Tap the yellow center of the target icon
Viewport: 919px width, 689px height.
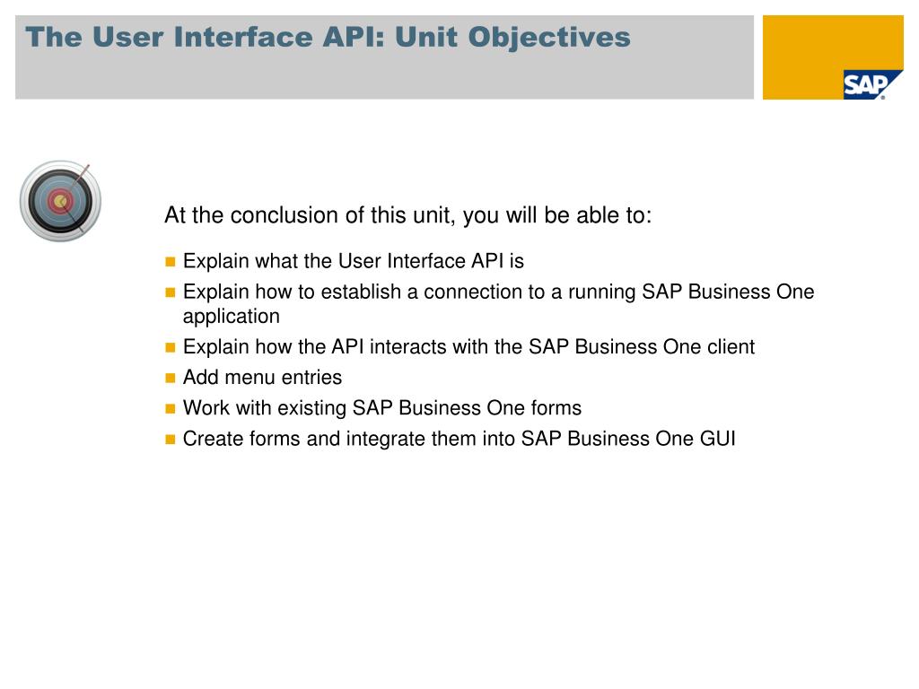(59, 202)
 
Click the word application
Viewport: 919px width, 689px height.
(231, 317)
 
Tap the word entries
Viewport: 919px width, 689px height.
(311, 378)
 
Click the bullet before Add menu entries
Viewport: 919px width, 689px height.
(171, 378)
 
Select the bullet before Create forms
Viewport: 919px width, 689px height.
(171, 440)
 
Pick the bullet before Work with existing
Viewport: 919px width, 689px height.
(171, 409)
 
